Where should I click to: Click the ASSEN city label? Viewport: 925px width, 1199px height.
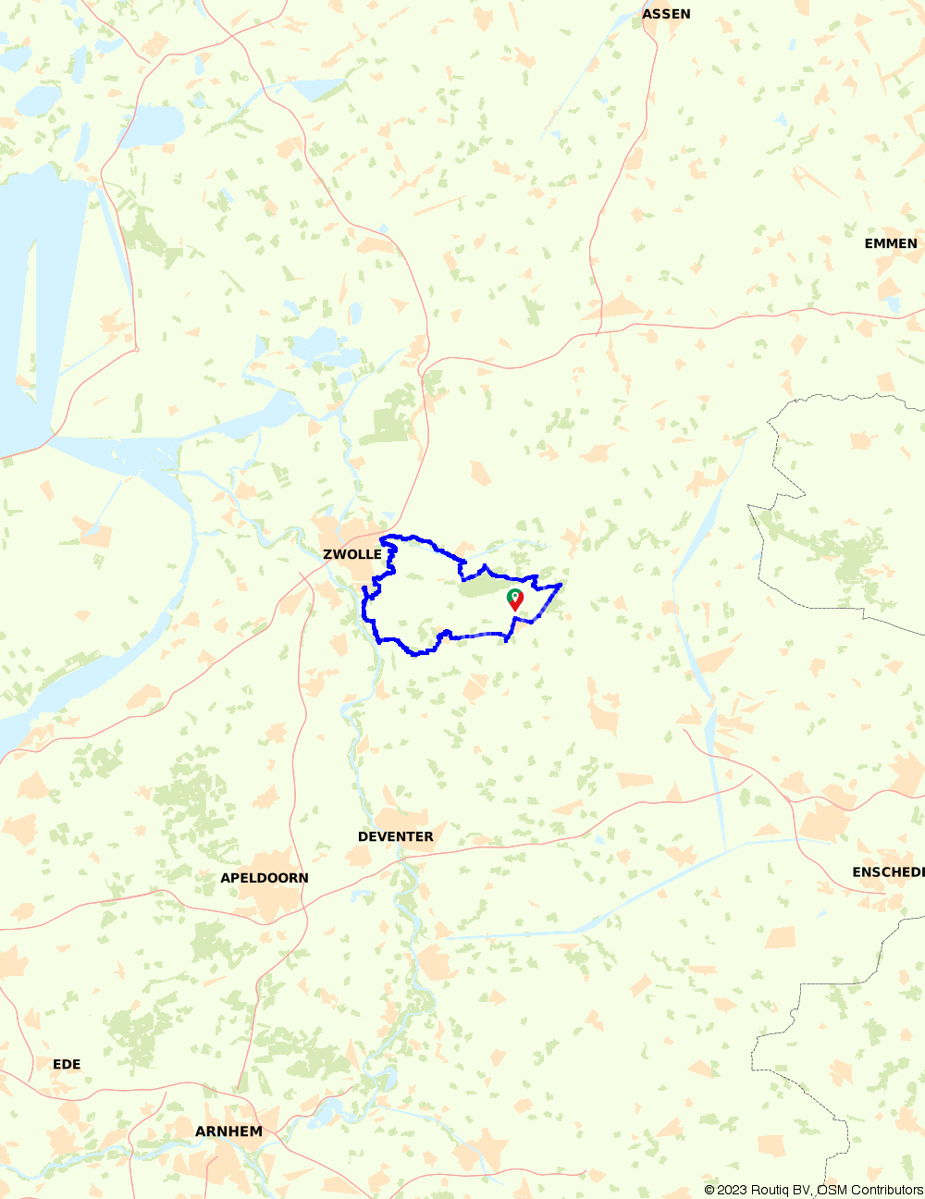(666, 14)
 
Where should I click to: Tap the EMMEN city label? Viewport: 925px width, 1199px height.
(891, 243)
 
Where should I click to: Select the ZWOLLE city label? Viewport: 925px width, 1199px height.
(351, 554)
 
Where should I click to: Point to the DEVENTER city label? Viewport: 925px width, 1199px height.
(395, 836)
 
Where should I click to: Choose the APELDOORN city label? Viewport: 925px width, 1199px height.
(265, 878)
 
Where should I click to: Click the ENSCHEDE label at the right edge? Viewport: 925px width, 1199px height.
(888, 872)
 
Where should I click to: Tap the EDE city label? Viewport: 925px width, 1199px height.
(67, 1064)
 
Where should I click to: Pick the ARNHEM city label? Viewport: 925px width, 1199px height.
(228, 1131)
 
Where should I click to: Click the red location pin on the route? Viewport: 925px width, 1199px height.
(516, 603)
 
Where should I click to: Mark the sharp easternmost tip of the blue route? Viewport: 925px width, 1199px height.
(561, 584)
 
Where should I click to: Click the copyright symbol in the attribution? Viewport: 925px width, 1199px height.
(709, 1190)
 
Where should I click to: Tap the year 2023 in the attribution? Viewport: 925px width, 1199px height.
(732, 1190)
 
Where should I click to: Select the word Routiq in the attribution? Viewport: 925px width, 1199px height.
(771, 1190)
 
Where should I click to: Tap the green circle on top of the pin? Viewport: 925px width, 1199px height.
(513, 595)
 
